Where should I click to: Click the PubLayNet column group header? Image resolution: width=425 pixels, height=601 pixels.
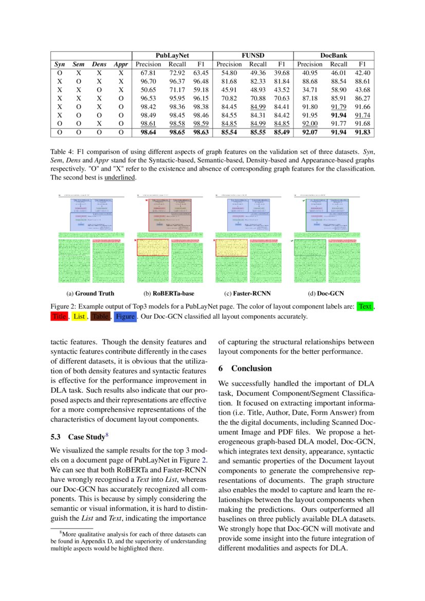tap(172, 56)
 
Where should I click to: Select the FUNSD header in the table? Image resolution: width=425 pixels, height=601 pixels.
tap(252, 56)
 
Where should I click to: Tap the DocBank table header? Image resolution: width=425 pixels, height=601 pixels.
tap(333, 56)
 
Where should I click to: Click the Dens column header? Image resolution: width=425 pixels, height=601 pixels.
tap(99, 64)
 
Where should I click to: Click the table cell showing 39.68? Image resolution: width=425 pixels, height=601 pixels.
tap(282, 73)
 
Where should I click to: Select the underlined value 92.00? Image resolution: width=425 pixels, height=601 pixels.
tap(310, 123)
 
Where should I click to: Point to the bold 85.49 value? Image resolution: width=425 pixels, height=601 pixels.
tap(282, 132)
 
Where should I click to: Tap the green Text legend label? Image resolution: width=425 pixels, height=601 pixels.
tap(365, 307)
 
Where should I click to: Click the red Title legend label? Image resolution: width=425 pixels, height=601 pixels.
tap(59, 317)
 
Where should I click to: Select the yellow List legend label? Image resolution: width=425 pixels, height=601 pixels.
tap(79, 317)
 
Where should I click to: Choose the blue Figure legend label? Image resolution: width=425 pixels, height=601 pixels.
tap(125, 317)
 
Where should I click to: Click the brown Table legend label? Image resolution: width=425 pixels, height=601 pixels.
tap(100, 317)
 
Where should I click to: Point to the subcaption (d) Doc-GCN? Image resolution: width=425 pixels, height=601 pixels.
tap(326, 294)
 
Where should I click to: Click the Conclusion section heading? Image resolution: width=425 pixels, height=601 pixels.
tap(245, 369)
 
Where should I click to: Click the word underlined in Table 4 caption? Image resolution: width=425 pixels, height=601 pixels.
tap(120, 177)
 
